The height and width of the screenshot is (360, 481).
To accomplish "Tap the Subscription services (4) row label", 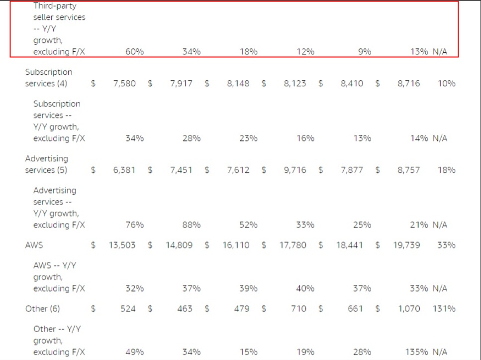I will pyautogui.click(x=48, y=78).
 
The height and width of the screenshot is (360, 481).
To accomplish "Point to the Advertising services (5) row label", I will pyautogui.click(x=47, y=164).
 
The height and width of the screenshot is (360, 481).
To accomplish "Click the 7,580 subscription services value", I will pyautogui.click(x=124, y=84).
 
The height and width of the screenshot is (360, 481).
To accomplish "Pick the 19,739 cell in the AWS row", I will pyautogui.click(x=406, y=245).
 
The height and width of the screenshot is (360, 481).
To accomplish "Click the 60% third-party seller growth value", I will pyautogui.click(x=134, y=52).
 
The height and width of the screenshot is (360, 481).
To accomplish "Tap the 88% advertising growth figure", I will pyautogui.click(x=191, y=225).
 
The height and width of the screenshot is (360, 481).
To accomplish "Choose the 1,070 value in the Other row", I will pyautogui.click(x=409, y=309).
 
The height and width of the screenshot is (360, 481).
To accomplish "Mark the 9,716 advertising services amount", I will pyautogui.click(x=295, y=170).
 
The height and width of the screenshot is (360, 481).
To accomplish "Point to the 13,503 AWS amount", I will pyautogui.click(x=122, y=245).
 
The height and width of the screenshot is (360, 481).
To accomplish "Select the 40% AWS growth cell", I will pyautogui.click(x=305, y=288).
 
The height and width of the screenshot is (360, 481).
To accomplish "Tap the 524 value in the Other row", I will pyautogui.click(x=128, y=309).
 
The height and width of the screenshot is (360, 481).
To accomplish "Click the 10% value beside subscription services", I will pyautogui.click(x=446, y=84).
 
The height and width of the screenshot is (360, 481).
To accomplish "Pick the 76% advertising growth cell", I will pyautogui.click(x=134, y=225).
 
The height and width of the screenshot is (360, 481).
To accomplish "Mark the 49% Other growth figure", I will pyautogui.click(x=134, y=352).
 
